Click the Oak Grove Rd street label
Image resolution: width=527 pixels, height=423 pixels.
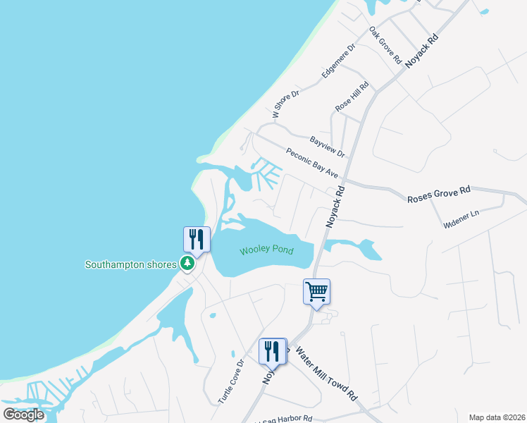[x=385, y=45]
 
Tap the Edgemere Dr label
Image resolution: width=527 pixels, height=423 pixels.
[x=339, y=60]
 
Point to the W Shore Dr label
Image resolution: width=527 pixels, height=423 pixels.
[x=286, y=104]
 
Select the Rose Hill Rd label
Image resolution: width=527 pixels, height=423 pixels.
[x=352, y=94]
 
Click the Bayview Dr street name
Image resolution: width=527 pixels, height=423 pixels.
[x=328, y=147]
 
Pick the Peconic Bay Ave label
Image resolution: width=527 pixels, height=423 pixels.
[x=312, y=163]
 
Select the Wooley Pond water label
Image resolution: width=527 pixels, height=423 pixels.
[x=266, y=250]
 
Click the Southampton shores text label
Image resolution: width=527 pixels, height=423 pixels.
[x=130, y=265]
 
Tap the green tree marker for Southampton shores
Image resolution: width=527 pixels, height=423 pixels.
[x=187, y=264]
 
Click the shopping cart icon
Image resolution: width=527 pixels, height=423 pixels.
[x=317, y=290]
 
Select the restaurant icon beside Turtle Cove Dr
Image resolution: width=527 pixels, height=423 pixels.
[x=273, y=350]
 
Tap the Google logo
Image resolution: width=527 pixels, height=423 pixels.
[x=24, y=414]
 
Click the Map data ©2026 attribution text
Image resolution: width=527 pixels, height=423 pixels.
[x=497, y=417]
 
